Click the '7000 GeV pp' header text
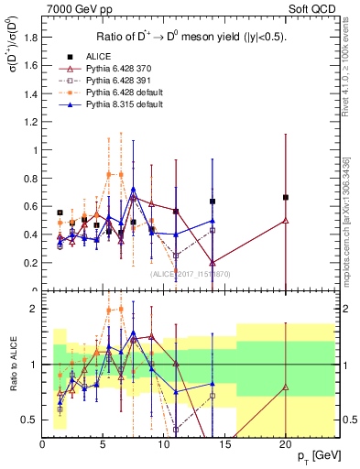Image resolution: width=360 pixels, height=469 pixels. tap(74, 9)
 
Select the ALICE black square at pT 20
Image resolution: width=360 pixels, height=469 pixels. tap(286, 197)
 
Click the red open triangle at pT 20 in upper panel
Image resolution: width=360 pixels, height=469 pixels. tap(286, 220)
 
